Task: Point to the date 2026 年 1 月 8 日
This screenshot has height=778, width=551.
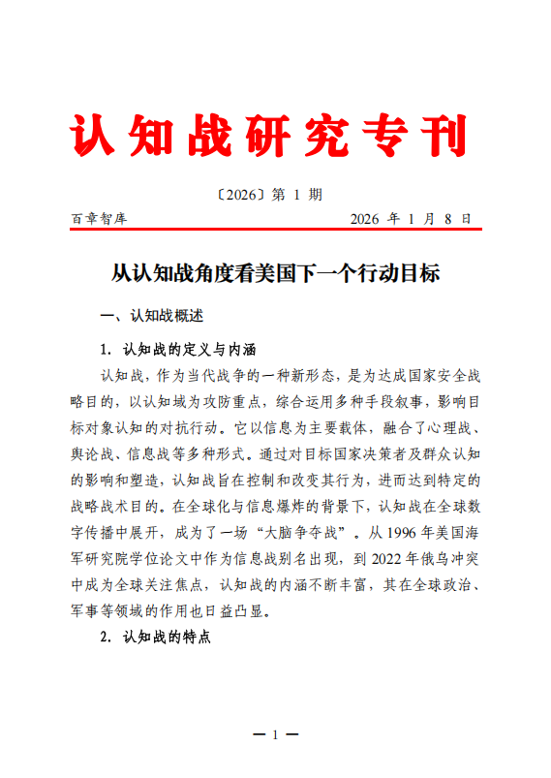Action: point(411,219)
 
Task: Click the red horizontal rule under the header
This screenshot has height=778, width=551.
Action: point(276,231)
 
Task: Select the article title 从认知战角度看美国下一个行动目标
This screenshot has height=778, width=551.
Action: point(275,273)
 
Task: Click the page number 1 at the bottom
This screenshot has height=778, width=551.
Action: point(275,734)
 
